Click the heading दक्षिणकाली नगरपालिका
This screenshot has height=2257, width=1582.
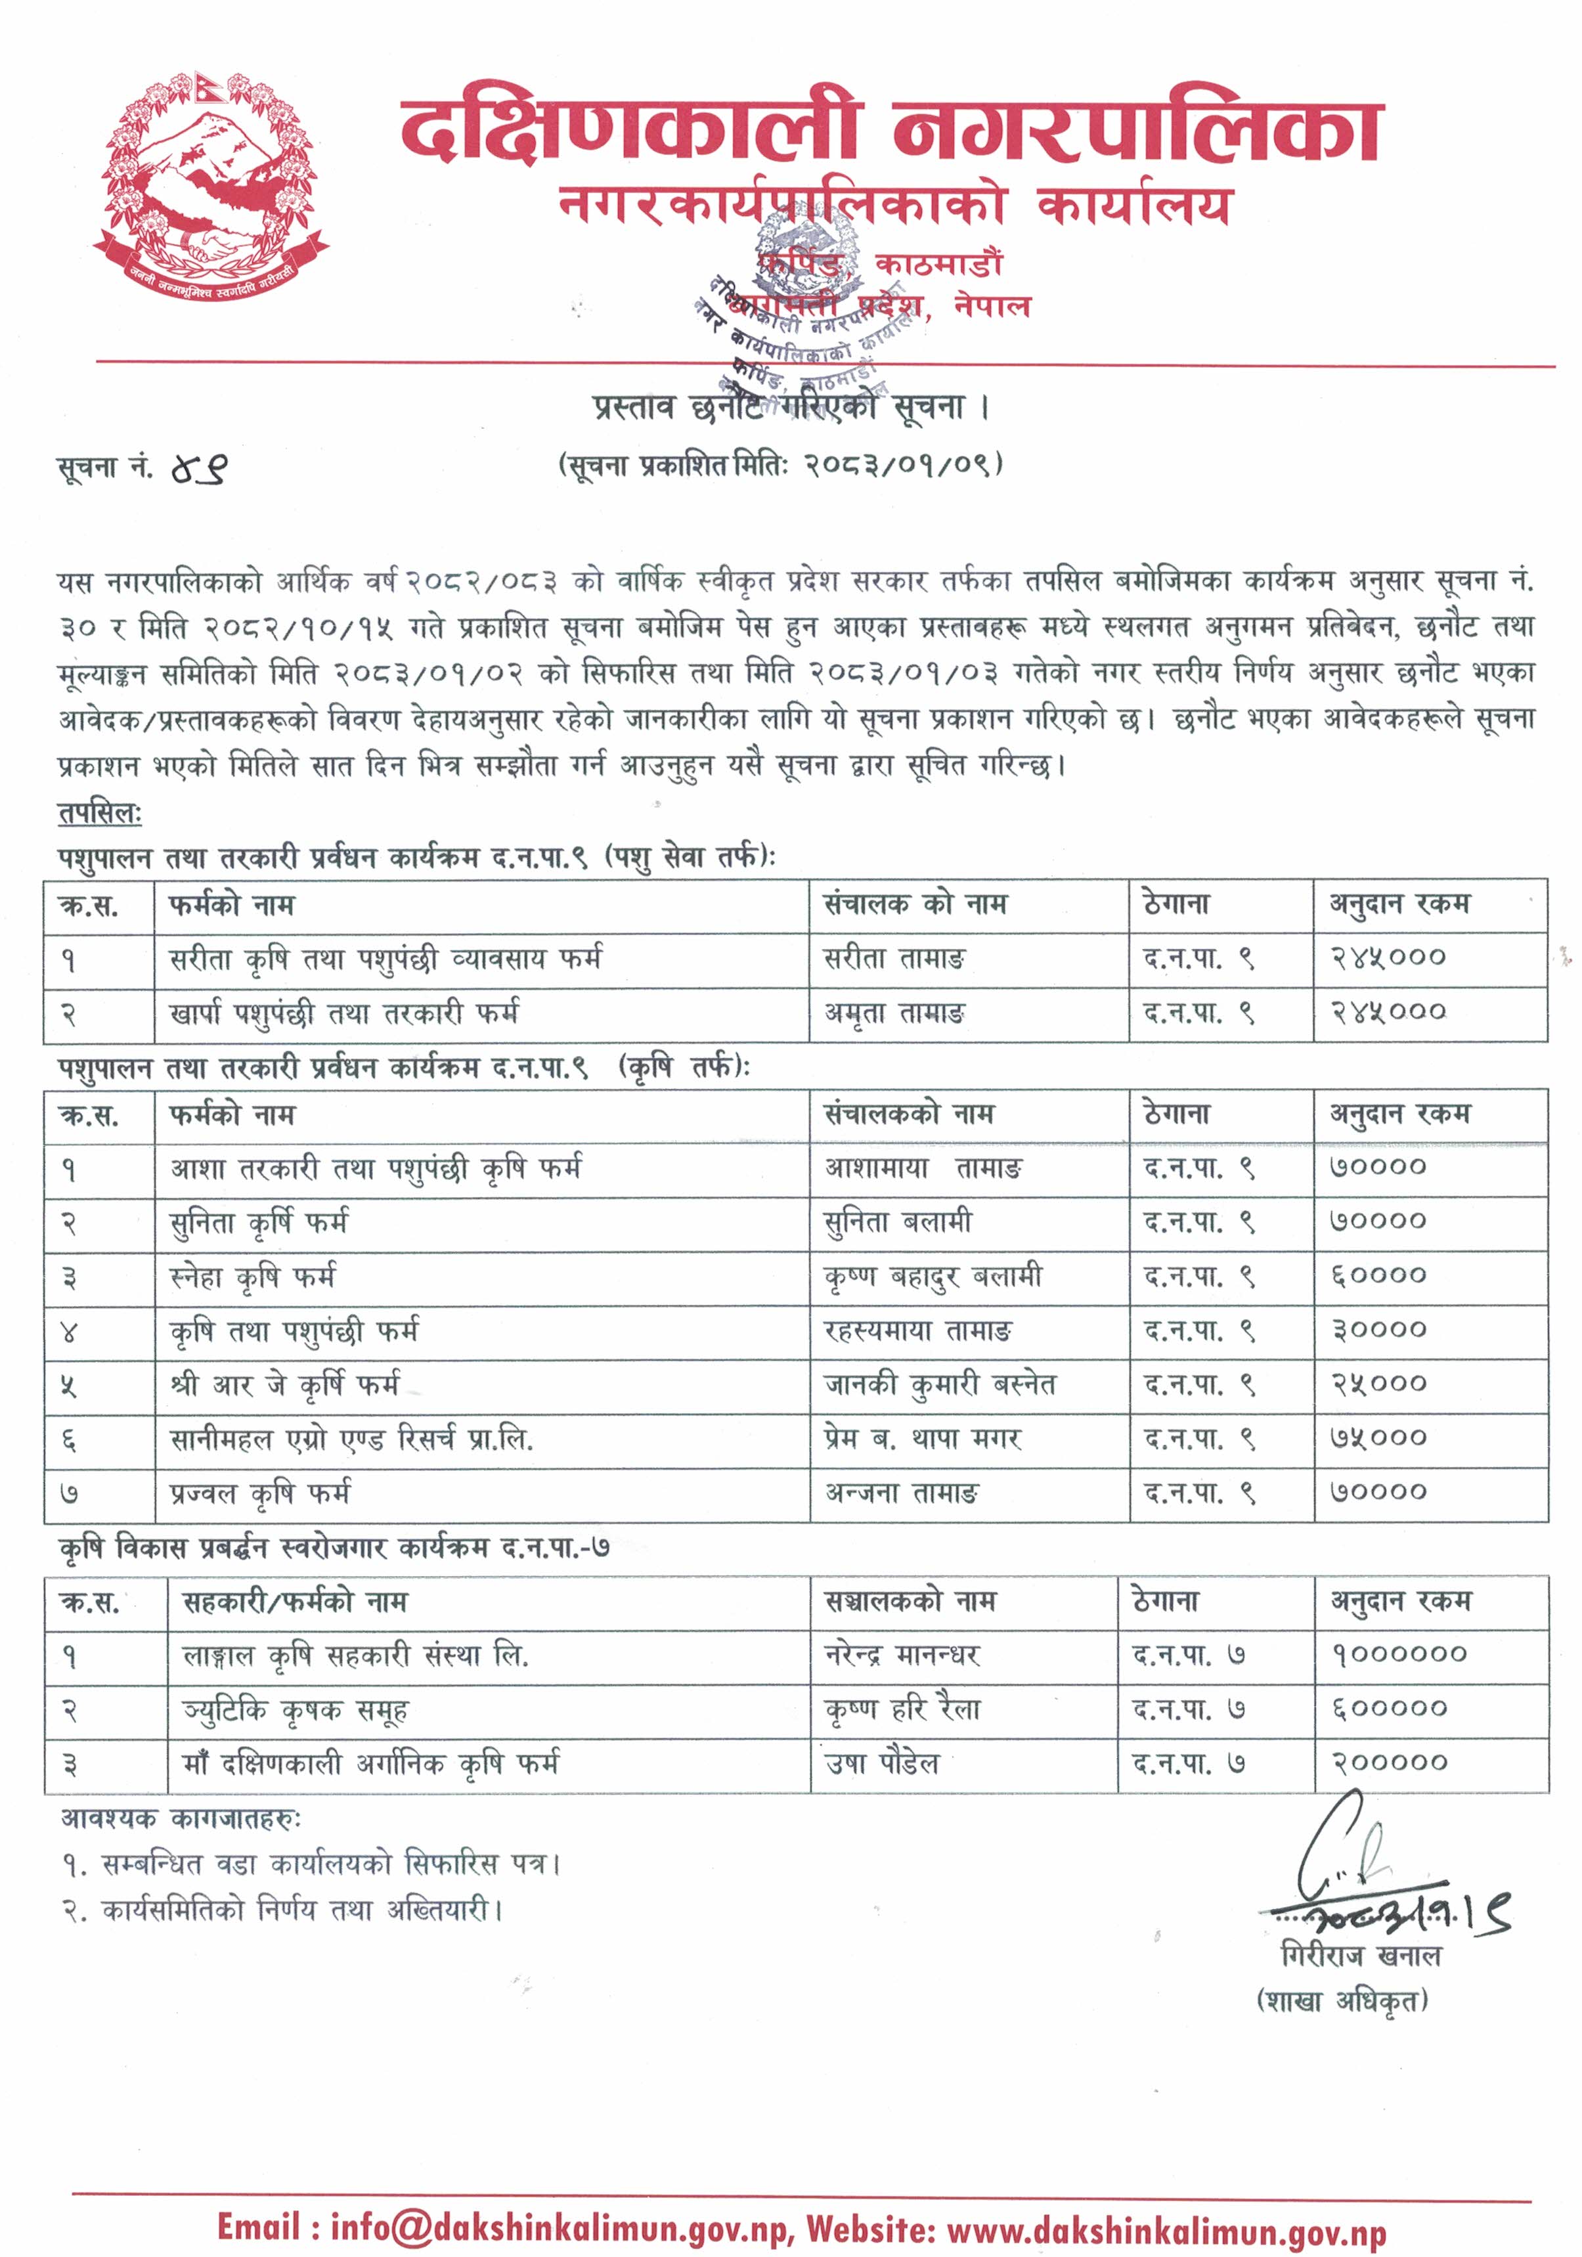click(890, 131)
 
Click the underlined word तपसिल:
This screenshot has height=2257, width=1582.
click(99, 814)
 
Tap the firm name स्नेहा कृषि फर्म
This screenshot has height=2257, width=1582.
click(253, 1277)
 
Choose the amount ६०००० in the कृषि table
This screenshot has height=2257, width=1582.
click(1378, 1277)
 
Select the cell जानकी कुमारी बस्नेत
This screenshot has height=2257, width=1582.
click(939, 1385)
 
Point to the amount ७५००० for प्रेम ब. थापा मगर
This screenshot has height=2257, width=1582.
click(1378, 1439)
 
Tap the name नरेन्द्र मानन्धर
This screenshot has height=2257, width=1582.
click(902, 1656)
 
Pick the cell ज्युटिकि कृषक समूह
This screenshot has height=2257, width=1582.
click(295, 1711)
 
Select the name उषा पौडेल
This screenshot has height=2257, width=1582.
click(882, 1764)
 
